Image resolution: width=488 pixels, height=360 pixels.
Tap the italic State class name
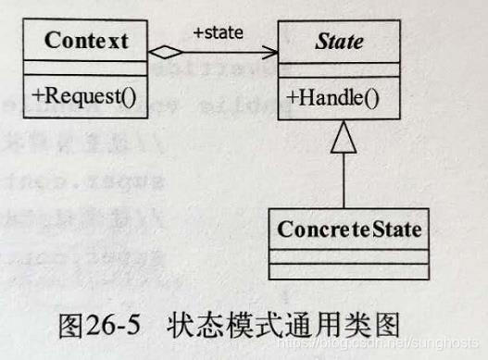pyautogui.click(x=339, y=42)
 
